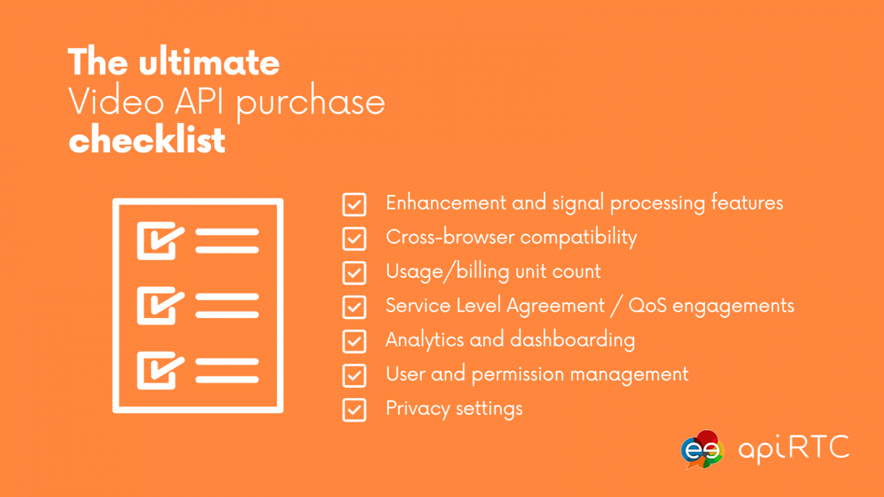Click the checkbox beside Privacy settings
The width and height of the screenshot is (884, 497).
354,410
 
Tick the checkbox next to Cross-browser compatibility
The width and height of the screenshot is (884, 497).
354,239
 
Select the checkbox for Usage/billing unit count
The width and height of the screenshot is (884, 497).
354,273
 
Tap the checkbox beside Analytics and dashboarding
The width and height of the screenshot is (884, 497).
354,341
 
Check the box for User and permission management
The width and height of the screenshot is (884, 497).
354,376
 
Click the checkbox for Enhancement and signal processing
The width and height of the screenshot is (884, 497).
354,204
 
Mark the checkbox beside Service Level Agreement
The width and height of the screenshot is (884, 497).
354,307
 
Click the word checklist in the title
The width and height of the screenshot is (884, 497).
147,140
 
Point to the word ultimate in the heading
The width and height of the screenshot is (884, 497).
209,62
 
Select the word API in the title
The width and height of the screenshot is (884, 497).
199,101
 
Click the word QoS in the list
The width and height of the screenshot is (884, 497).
647,305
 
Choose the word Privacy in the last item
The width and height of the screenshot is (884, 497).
417,409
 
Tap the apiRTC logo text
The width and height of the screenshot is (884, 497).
794,448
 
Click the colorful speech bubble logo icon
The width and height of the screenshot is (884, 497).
702,449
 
